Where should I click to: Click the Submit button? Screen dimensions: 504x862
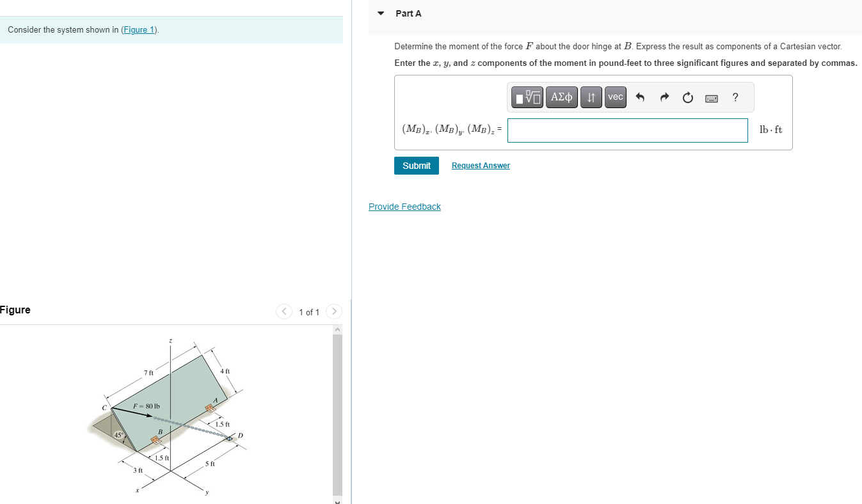tap(417, 166)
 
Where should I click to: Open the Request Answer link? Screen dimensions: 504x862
tap(481, 166)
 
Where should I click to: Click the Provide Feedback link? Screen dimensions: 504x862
tap(404, 207)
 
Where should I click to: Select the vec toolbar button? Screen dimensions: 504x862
tap(615, 97)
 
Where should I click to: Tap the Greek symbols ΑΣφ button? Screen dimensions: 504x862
tap(561, 97)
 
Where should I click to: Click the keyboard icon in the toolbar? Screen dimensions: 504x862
tap(711, 98)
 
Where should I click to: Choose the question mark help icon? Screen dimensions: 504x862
tap(735, 97)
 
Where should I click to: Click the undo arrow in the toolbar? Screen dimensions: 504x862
tap(639, 98)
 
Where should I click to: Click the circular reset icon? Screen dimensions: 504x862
tap(687, 98)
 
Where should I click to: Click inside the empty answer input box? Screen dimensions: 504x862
tap(627, 130)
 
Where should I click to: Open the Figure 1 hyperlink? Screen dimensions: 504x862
tap(140, 30)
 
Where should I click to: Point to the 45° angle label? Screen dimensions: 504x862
tap(118, 435)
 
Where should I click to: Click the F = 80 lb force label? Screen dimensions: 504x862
tap(147, 406)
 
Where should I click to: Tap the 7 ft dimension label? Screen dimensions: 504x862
tap(148, 372)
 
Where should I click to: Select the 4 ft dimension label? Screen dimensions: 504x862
tap(225, 371)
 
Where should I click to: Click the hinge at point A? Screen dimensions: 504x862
tap(209, 408)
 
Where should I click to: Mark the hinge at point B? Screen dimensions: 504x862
tap(154, 440)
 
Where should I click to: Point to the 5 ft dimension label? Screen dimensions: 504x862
tap(210, 463)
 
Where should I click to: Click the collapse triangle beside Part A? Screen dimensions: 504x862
tap(381, 13)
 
